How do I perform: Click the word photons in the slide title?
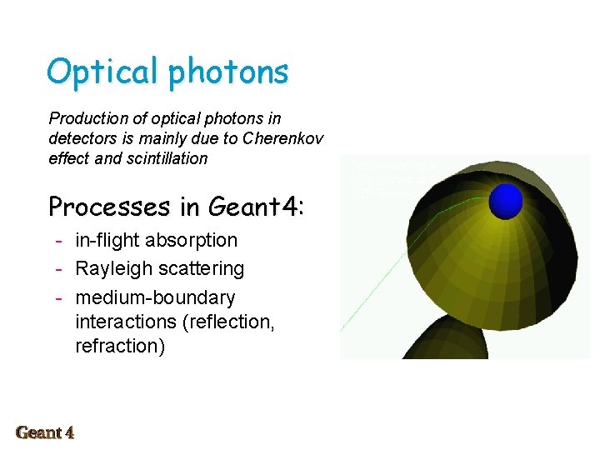227,72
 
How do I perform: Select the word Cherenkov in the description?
285,137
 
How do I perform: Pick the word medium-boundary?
155,297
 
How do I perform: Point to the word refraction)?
120,346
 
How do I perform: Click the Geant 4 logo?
45,432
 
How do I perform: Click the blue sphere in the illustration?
505,202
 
